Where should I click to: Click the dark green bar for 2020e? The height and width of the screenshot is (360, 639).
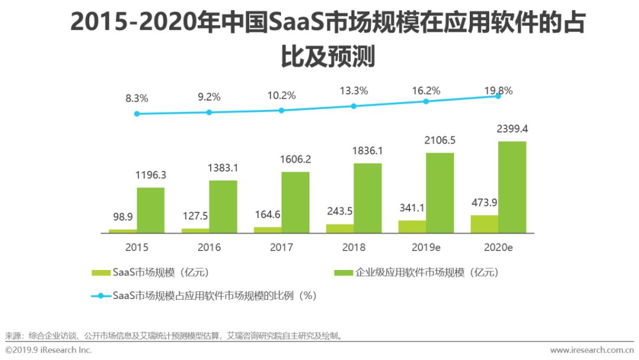512,187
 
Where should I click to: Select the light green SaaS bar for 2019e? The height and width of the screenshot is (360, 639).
412,226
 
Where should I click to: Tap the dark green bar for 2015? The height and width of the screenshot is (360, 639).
150,210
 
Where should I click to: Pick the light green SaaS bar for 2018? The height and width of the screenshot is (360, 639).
340,228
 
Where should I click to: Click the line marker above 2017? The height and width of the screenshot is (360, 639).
282,110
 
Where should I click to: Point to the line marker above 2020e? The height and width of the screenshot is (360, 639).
498,96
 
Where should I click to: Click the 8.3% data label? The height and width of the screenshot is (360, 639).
137,99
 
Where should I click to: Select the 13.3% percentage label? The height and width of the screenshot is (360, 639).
354,91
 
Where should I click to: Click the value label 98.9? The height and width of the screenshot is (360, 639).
123,217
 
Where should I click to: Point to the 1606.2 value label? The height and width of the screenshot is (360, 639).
295,159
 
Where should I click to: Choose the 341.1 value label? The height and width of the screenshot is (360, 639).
412,208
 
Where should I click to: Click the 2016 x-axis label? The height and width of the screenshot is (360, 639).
209,247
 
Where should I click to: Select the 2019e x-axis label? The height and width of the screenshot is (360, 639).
426,247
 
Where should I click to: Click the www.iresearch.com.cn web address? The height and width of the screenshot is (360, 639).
591,350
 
